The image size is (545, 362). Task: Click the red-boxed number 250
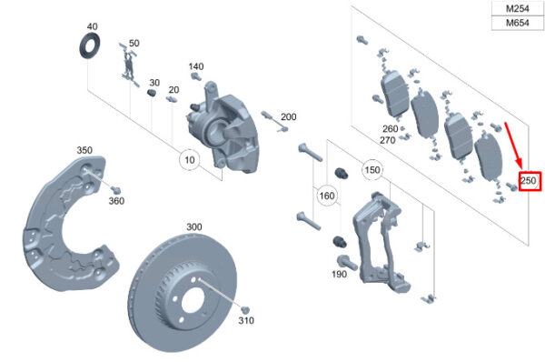pyautogui.click(x=529, y=181)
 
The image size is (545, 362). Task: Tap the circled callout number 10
pyautogui.click(x=190, y=160)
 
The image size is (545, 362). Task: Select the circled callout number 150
pyautogui.click(x=372, y=170)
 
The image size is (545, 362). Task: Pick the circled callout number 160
pyautogui.click(x=327, y=196)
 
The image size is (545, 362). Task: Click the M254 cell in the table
pyautogui.click(x=518, y=8)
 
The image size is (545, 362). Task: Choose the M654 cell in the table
pyautogui.click(x=518, y=23)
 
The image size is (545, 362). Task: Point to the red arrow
pyautogui.click(x=514, y=146)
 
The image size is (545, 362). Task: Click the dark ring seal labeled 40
pyautogui.click(x=90, y=46)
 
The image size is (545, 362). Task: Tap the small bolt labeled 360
pyautogui.click(x=115, y=190)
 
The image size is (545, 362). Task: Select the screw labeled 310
pyautogui.click(x=245, y=309)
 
